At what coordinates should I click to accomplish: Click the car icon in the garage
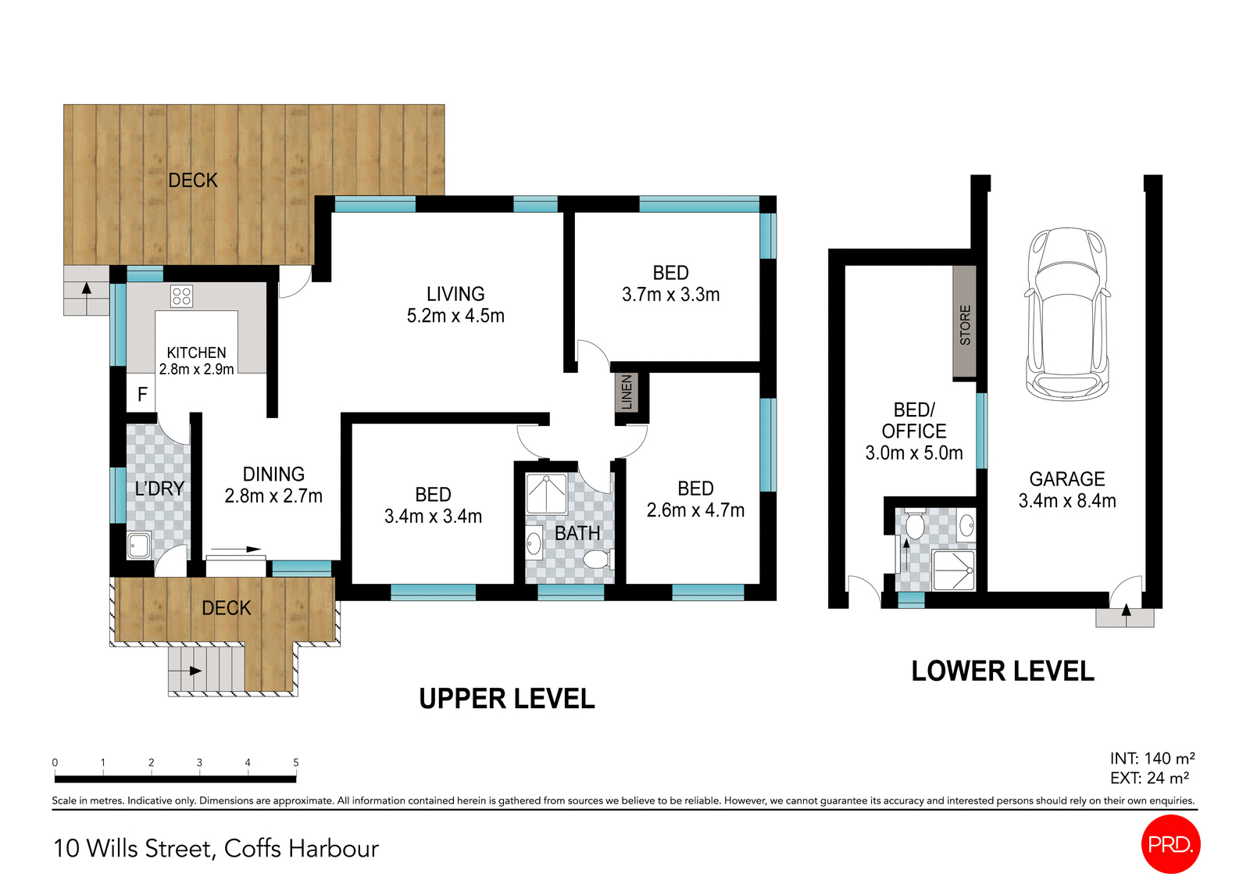(x=1067, y=314)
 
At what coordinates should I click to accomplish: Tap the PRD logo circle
(x=1170, y=844)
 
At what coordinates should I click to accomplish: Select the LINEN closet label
(x=627, y=392)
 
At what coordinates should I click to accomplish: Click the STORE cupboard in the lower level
(x=965, y=323)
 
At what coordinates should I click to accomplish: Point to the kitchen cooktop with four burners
(x=181, y=296)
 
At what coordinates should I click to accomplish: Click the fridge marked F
(x=141, y=395)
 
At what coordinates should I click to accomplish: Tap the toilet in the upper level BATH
(x=598, y=560)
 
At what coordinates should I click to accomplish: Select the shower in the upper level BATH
(x=546, y=494)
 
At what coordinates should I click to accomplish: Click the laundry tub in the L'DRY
(x=139, y=545)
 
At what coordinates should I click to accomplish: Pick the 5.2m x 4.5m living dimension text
(x=455, y=316)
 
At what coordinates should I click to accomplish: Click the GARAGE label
(x=1066, y=479)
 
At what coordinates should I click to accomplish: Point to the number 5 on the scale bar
(x=295, y=762)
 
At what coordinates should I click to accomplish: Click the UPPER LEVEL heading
(x=506, y=698)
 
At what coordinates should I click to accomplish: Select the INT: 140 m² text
(x=1152, y=758)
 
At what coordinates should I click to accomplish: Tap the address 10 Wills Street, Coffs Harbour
(x=216, y=848)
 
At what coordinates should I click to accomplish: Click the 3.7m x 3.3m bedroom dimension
(x=670, y=295)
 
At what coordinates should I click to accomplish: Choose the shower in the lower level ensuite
(x=954, y=571)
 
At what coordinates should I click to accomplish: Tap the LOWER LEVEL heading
(x=1002, y=671)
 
